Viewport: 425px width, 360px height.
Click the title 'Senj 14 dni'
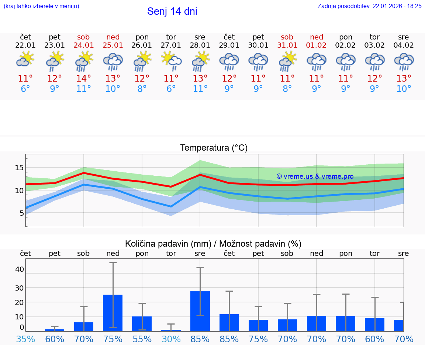pos(172,11)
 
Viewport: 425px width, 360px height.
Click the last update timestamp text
pos(369,6)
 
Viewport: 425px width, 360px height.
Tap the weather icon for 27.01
pos(171,61)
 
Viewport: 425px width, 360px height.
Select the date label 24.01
pos(84,45)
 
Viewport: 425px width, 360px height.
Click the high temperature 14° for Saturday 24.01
pos(84,79)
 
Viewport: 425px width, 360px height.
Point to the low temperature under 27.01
pos(171,89)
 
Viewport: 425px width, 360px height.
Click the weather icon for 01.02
pos(316,61)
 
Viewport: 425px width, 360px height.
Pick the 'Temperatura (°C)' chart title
pos(214,148)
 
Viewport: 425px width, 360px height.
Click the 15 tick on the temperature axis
pos(19,168)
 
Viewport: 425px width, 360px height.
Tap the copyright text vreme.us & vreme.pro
pos(315,176)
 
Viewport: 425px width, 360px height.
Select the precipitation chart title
pos(213,244)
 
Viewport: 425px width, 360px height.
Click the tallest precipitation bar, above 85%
pos(200,311)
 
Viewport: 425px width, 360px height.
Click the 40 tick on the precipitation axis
pos(19,269)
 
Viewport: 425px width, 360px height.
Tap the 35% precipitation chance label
pos(25,339)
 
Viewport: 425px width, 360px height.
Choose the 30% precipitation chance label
pos(171,339)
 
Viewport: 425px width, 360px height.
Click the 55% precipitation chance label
pos(142,339)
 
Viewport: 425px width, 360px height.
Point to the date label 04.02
pos(404,45)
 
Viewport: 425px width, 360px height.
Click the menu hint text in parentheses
pos(41,6)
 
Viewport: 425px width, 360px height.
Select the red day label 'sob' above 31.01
pos(287,37)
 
